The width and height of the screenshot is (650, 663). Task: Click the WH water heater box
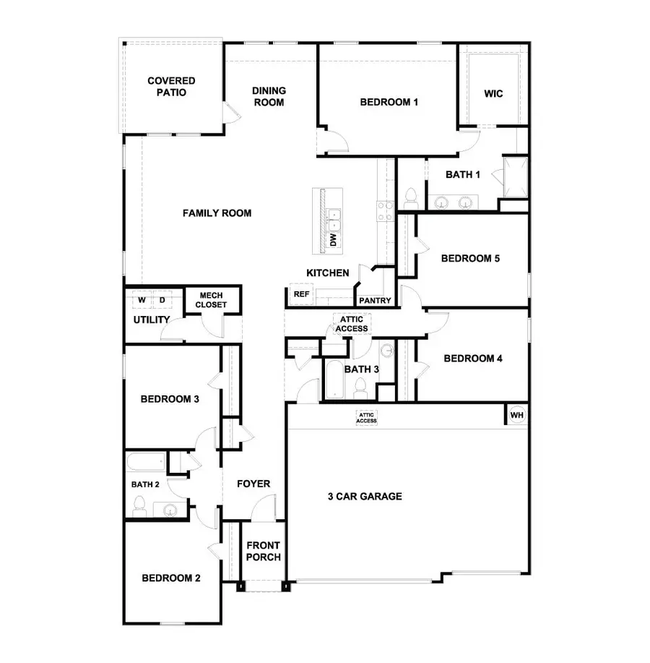(516, 415)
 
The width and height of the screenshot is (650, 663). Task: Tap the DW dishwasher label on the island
(334, 240)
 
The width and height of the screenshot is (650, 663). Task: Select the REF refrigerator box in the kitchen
(300, 294)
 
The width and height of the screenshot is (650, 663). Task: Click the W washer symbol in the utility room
(142, 299)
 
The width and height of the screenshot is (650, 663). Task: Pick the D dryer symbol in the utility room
(162, 299)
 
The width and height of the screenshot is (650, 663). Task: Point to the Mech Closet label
(211, 300)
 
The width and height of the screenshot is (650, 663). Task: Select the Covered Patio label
(171, 87)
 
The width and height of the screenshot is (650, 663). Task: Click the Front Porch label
(263, 551)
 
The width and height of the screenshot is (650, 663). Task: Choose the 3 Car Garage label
(365, 497)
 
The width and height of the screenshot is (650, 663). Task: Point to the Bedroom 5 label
(471, 258)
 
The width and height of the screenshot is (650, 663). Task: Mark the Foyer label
(253, 484)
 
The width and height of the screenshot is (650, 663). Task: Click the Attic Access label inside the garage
(366, 418)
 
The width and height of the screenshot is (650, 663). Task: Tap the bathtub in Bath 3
(336, 380)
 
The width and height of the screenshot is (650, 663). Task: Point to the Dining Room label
(269, 96)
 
